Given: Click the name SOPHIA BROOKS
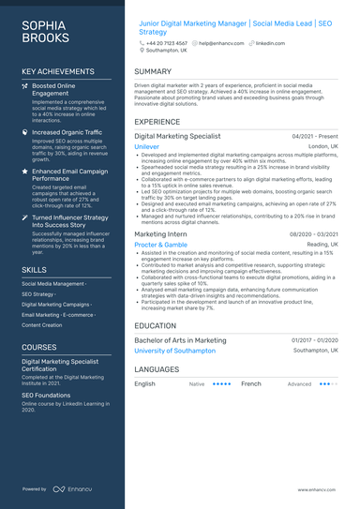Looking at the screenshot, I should pyautogui.click(x=45, y=31).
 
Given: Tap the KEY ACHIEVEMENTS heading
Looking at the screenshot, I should pyautogui.click(x=57, y=71).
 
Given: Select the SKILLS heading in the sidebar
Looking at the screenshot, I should pyautogui.click(x=34, y=270).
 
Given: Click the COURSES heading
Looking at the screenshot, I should pyautogui.click(x=39, y=347).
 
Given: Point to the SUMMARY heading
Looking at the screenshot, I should pyautogui.click(x=153, y=71).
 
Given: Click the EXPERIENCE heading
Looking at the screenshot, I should pyautogui.click(x=157, y=122).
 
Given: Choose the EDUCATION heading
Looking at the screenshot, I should pyautogui.click(x=155, y=325).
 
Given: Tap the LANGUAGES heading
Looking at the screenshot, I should pyautogui.click(x=157, y=370).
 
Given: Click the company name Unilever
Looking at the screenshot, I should pyautogui.click(x=147, y=147).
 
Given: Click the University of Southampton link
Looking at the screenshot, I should pyautogui.click(x=174, y=351).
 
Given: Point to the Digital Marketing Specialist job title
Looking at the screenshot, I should pyautogui.click(x=177, y=136).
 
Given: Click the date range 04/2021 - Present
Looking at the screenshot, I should pyautogui.click(x=315, y=136).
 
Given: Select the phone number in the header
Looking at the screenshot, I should pyautogui.click(x=167, y=43).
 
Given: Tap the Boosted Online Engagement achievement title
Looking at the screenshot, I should pyautogui.click(x=54, y=90).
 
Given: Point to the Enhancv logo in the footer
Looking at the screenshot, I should pyautogui.click(x=71, y=489).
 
